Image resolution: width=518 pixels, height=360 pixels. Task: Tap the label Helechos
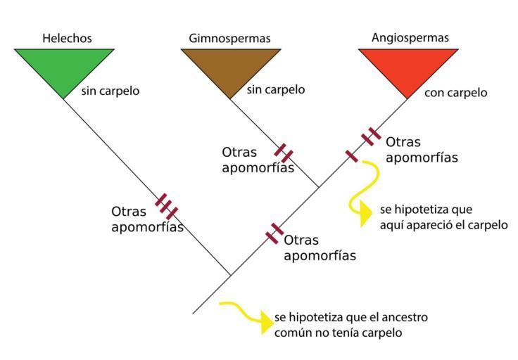coord(67,38)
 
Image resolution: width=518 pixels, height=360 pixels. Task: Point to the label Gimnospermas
coord(229,38)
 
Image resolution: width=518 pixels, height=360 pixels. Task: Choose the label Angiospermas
coord(410,37)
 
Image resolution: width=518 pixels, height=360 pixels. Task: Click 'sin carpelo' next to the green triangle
coord(110,91)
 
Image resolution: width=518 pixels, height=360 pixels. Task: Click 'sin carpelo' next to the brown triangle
coord(276,89)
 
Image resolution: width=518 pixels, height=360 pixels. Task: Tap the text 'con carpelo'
coord(456,93)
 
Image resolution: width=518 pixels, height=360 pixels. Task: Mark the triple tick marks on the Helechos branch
coord(167,207)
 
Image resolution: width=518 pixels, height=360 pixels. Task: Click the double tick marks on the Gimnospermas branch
coord(284,153)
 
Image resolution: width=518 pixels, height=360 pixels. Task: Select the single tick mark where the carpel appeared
coord(351,156)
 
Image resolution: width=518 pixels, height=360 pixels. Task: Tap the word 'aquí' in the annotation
coord(391,225)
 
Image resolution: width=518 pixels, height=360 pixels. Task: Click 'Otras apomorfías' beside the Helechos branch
coord(146,219)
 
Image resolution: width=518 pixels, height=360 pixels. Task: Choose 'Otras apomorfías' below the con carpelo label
coord(422,150)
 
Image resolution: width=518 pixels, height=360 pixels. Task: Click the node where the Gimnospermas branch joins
coord(319,187)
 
